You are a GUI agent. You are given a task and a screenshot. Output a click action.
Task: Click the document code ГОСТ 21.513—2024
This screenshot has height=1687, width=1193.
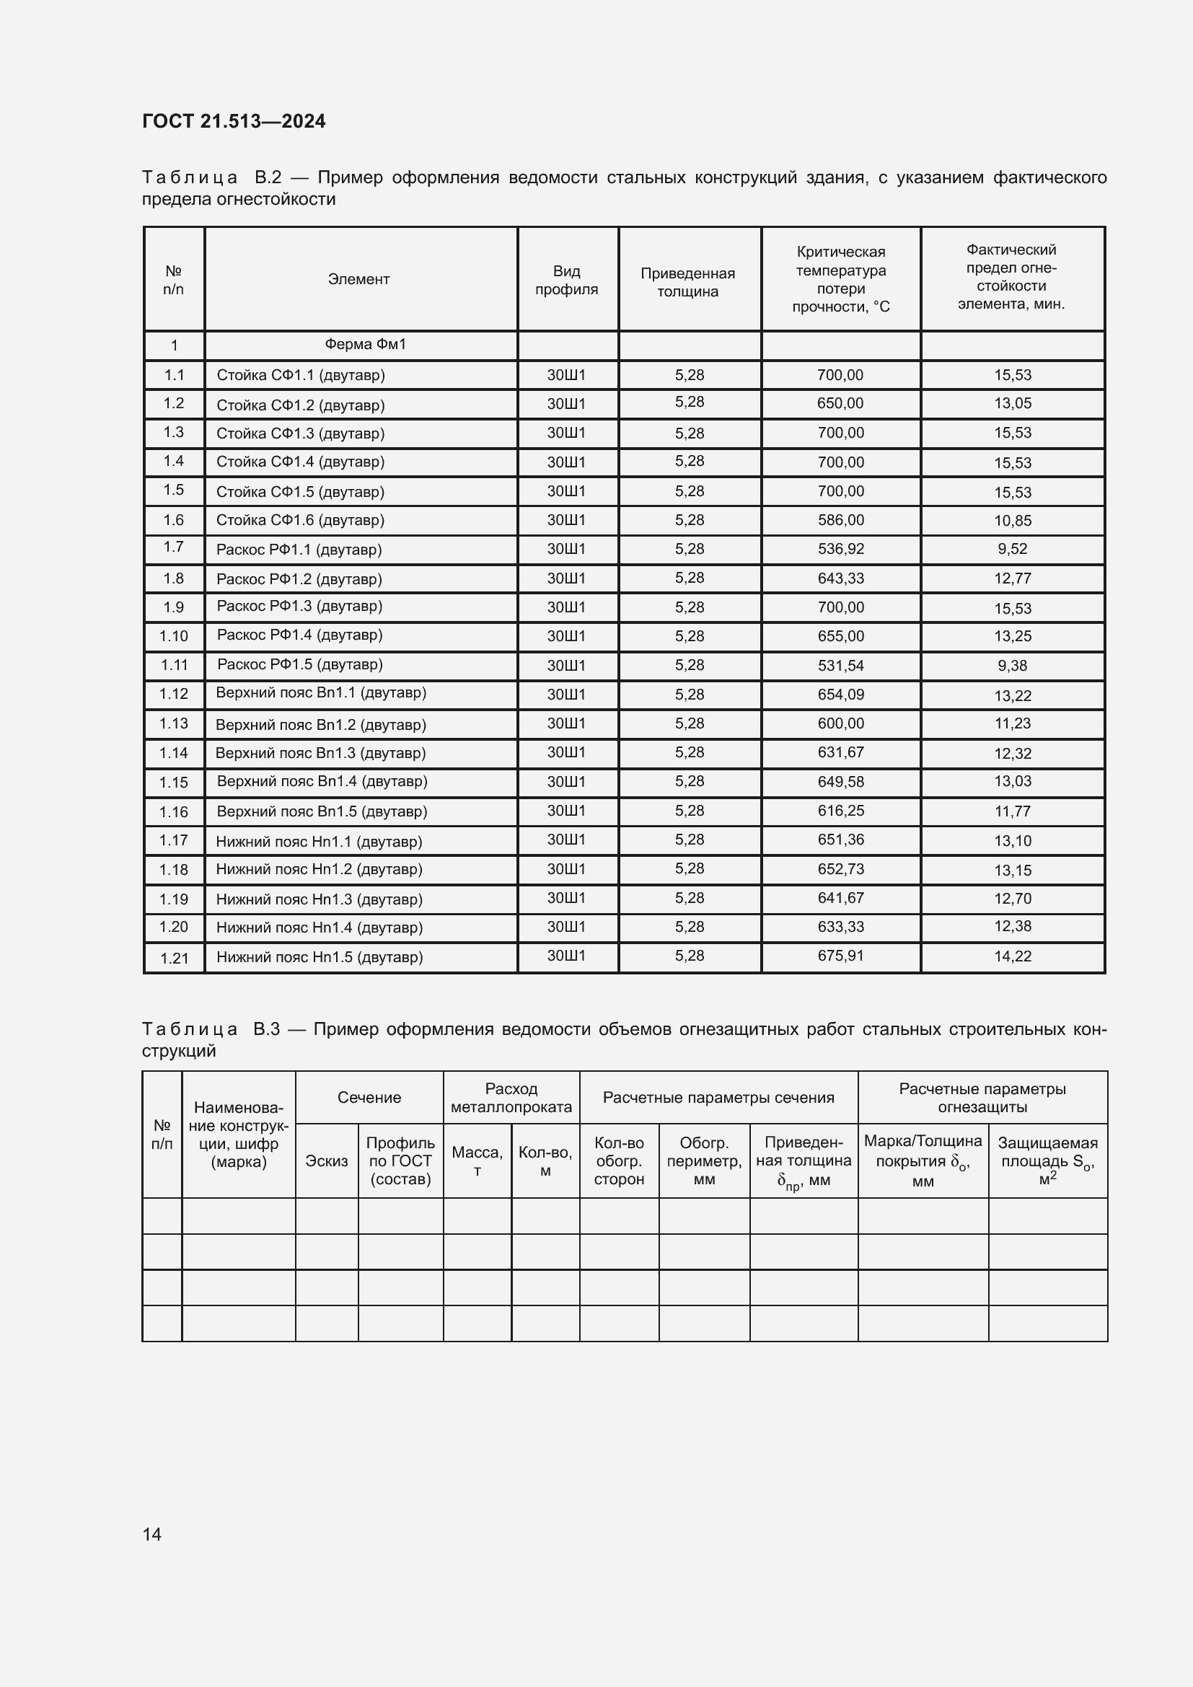click(x=234, y=121)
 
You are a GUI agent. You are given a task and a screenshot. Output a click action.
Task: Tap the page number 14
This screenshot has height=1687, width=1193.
click(x=152, y=1534)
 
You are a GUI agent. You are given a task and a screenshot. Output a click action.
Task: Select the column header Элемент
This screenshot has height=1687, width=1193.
click(x=358, y=279)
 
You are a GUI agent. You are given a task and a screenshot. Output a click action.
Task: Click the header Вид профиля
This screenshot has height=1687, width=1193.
click(x=566, y=280)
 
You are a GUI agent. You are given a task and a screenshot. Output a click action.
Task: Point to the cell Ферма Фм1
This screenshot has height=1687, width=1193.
click(x=365, y=345)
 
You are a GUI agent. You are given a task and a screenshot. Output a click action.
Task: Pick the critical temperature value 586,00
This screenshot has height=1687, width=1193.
click(x=840, y=520)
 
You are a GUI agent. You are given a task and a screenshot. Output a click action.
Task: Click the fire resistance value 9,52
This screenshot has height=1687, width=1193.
click(x=1012, y=549)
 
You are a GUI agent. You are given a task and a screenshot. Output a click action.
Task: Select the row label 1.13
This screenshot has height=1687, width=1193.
click(x=173, y=723)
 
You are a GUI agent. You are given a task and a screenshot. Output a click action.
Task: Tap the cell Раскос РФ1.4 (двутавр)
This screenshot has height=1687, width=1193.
click(x=300, y=635)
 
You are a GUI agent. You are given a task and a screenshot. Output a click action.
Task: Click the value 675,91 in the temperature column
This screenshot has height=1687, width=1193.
click(x=840, y=956)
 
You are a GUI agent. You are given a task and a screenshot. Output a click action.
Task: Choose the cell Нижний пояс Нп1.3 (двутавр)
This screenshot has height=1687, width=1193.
click(x=319, y=899)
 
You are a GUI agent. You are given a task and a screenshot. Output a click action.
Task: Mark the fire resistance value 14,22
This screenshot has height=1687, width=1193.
click(x=1012, y=956)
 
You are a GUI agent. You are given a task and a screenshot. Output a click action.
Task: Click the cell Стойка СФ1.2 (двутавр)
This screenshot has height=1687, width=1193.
click(x=301, y=405)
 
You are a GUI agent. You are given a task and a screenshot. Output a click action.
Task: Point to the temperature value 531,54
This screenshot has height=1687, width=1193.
click(x=840, y=666)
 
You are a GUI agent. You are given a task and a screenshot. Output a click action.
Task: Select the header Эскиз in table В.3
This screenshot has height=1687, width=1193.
click(x=326, y=1161)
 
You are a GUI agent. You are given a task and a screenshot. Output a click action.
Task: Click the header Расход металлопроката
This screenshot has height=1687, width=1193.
click(x=511, y=1098)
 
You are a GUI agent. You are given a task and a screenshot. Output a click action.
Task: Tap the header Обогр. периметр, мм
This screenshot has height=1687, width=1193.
click(x=704, y=1161)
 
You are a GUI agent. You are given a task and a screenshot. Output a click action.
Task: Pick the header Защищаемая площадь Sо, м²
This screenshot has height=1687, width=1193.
click(x=1047, y=1161)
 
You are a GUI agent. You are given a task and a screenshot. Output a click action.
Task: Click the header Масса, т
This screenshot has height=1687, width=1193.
click(x=477, y=1161)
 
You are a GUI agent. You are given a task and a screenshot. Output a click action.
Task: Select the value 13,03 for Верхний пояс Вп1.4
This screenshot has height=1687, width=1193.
click(x=1012, y=781)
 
